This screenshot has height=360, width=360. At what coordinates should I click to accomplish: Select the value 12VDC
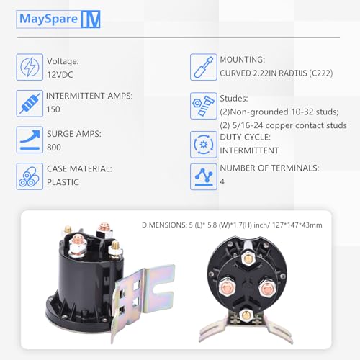pyautogui.click(x=60, y=74)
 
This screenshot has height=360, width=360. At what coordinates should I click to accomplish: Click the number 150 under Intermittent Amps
pyautogui.click(x=53, y=109)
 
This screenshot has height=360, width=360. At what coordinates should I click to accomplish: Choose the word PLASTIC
pyautogui.click(x=62, y=181)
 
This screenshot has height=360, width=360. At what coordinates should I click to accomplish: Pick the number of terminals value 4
pyautogui.click(x=222, y=181)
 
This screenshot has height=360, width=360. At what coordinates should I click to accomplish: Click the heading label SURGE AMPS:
pyautogui.click(x=74, y=132)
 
